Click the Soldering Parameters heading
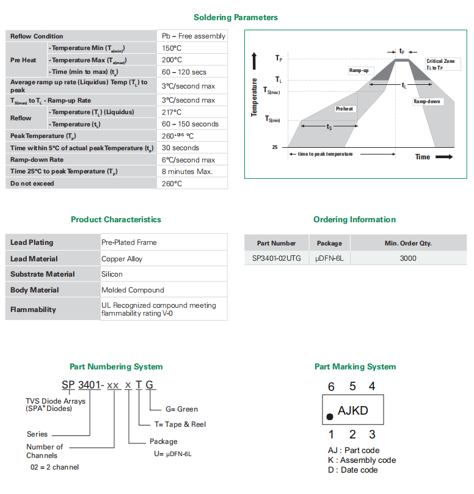pos(235,18)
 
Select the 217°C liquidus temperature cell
pos(172,112)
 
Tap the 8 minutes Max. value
pos(187,172)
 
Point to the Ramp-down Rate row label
pos(37,160)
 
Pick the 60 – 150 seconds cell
pos(190,124)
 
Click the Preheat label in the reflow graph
pos(345,109)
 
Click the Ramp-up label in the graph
pos(359,71)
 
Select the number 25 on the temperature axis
pos(275,148)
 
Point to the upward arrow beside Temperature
pos(255,62)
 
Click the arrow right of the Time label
pos(444,157)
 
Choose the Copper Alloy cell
pos(122,259)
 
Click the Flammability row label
pos(34,310)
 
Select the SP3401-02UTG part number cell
pos(277,258)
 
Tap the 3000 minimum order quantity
pos(408,258)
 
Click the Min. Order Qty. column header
pos(408,243)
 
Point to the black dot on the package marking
pos(330,416)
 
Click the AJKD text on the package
pos(353,410)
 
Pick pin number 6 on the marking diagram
pos(331,387)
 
